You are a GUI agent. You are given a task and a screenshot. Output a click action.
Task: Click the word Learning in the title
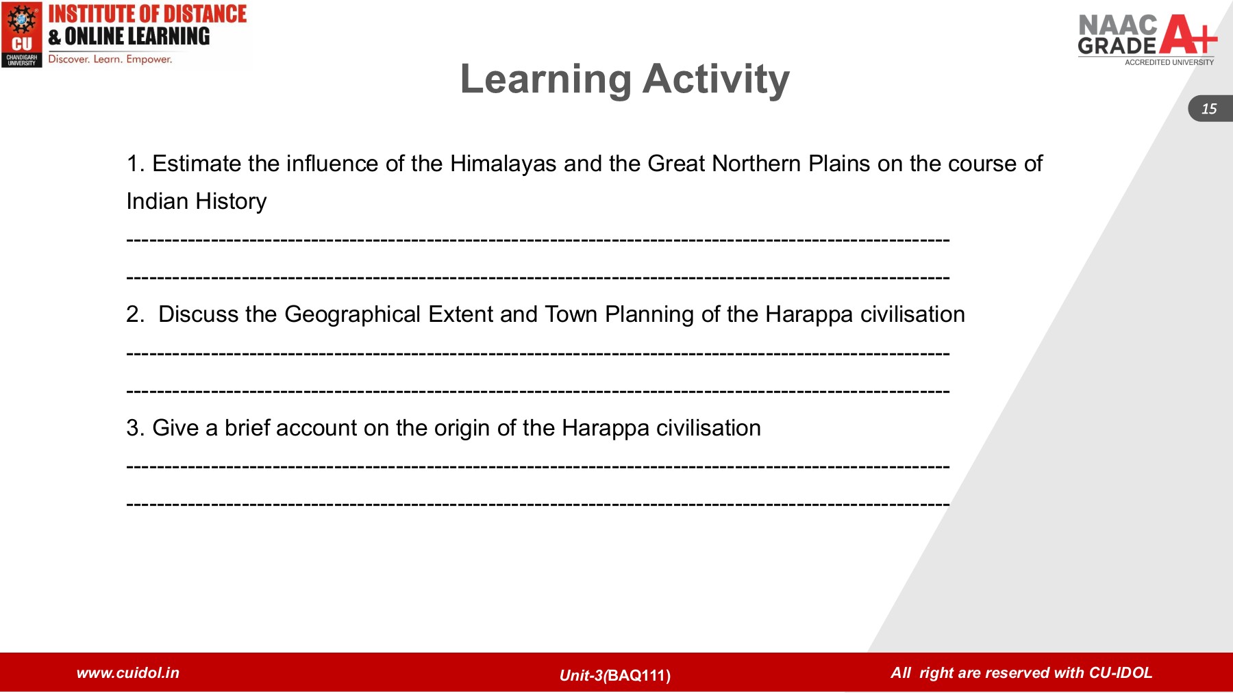545,79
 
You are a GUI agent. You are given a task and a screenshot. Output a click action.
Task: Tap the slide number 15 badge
1209,109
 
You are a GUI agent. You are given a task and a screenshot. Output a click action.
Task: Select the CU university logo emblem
22,34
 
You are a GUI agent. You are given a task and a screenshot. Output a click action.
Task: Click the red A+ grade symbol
1189,35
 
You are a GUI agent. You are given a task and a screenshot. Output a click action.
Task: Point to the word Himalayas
503,164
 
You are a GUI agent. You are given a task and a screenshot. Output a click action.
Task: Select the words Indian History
197,201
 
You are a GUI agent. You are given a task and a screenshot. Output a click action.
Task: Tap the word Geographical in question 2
352,314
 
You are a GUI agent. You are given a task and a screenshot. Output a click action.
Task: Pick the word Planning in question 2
649,314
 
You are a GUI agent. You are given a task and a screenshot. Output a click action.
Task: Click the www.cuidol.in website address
128,672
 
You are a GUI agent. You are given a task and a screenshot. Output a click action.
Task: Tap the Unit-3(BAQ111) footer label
614,675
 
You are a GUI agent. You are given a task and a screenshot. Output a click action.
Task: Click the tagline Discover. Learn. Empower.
110,60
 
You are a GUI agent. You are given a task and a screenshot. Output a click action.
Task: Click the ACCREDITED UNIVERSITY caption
1169,62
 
